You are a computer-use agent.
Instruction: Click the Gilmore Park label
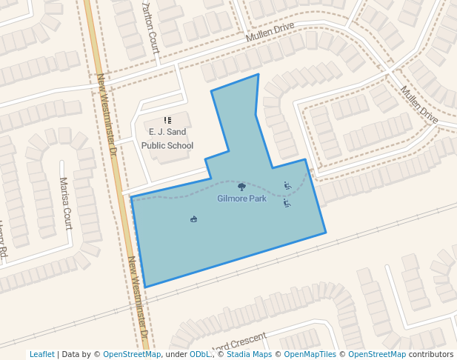(x=241, y=199)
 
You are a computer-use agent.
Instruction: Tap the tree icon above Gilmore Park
(x=241, y=187)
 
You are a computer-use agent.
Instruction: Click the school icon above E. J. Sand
(x=167, y=120)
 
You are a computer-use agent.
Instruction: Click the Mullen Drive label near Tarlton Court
(x=270, y=32)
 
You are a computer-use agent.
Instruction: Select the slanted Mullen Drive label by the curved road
(x=419, y=104)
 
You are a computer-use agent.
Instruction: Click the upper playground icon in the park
(x=287, y=185)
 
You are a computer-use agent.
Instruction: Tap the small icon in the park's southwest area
(x=194, y=219)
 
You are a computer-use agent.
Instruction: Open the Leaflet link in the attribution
(x=41, y=354)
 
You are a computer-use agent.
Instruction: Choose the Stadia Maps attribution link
(x=249, y=354)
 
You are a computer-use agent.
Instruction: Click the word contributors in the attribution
(x=431, y=354)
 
